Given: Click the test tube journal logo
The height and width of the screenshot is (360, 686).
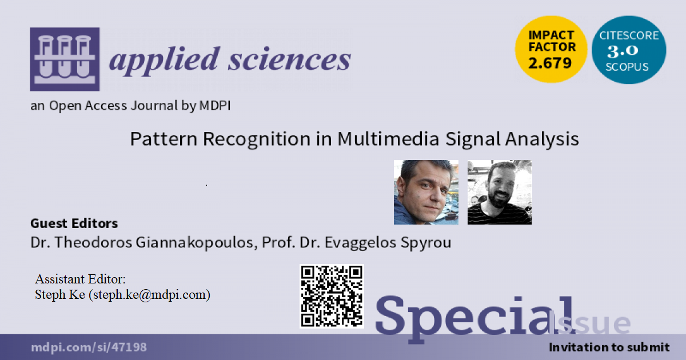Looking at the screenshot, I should coord(64,59).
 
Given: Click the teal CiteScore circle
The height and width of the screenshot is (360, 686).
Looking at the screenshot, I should coord(628,50).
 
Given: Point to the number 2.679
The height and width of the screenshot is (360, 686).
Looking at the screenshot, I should coord(550,63).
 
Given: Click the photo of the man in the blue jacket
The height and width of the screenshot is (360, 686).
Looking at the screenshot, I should coord(426,192).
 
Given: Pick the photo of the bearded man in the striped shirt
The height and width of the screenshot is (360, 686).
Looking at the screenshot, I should coord(500,192).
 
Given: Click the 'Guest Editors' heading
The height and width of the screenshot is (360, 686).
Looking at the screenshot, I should coord(74,223).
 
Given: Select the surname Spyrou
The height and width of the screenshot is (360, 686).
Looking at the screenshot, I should coord(425,242).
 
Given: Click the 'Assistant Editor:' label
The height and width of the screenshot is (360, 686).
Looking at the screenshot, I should coord(80,279).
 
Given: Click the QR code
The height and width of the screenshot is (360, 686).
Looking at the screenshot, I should coord(332,296).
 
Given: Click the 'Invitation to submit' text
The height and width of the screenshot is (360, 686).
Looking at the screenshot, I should coord(608,347).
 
